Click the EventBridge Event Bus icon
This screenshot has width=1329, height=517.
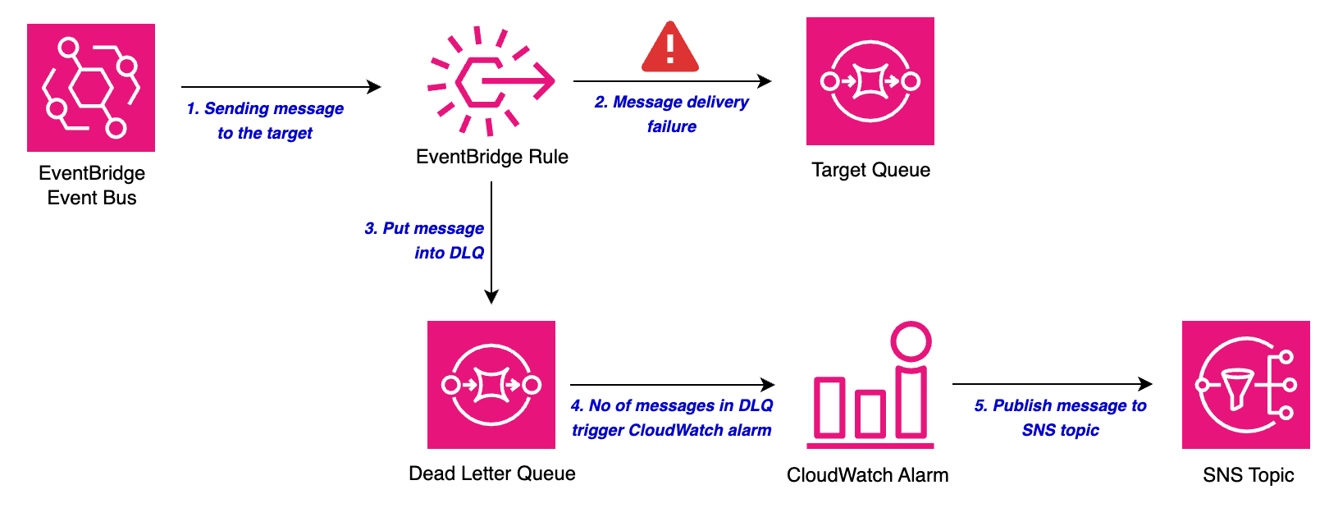click(91, 88)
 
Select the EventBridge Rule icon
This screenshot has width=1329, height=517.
click(491, 81)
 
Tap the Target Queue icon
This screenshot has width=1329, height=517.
click(870, 81)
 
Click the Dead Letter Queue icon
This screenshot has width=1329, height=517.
click(491, 385)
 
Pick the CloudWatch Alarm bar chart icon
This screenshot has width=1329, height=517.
click(870, 402)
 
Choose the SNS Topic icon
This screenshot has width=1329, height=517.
click(1246, 385)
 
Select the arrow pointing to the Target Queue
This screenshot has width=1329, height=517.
click(672, 81)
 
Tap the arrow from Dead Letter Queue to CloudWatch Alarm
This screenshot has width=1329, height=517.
click(672, 385)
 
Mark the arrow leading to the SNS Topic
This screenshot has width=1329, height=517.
click(1052, 384)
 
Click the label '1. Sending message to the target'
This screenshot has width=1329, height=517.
click(265, 121)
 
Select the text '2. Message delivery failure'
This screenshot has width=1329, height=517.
click(672, 114)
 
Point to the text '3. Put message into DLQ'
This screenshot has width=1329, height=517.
click(425, 240)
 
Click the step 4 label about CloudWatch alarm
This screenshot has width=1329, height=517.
click(672, 418)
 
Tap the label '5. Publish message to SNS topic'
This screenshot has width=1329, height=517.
click(1061, 418)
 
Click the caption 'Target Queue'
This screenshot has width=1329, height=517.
click(871, 170)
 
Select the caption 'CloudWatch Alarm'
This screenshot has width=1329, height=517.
click(868, 475)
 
